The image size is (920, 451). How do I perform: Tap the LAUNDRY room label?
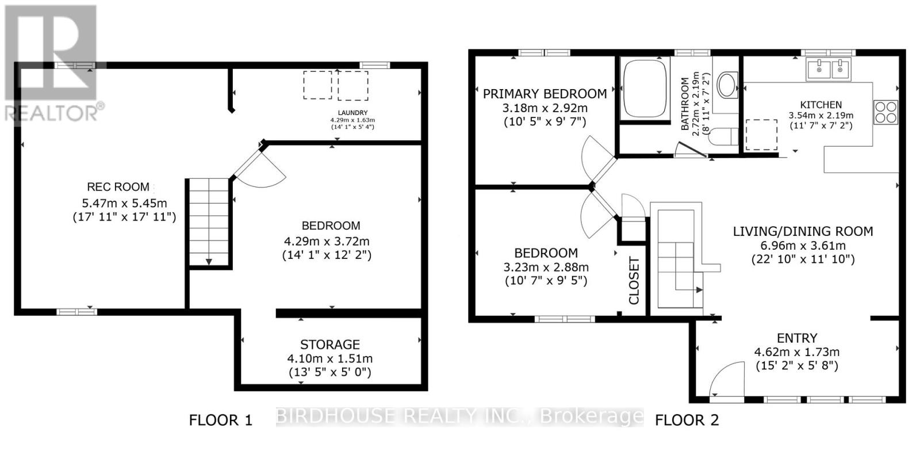pos(353,113)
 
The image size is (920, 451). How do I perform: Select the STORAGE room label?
pos(330,345)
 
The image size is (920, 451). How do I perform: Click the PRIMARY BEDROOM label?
pos(545,94)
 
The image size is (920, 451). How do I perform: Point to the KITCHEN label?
pos(821,105)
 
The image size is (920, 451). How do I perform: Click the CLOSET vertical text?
pos(634,281)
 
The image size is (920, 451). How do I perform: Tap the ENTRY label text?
pos(796,338)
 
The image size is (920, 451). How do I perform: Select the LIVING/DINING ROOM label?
pos(803,231)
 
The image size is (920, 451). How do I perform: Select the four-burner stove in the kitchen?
pos(885,112)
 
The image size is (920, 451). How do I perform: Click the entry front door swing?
pos(726,380)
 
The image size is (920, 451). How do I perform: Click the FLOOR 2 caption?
pos(687,421)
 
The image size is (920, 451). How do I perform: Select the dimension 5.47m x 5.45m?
pos(124,202)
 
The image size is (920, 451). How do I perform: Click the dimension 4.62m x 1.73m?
pos(796,352)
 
